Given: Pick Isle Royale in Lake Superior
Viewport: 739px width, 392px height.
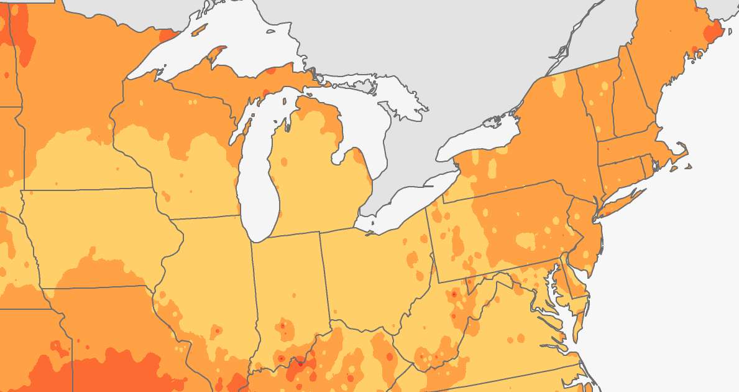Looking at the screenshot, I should (x=199, y=30).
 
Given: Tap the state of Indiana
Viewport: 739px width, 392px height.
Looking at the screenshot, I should (x=289, y=280).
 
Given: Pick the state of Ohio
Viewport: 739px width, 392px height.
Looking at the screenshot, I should (x=373, y=268).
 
